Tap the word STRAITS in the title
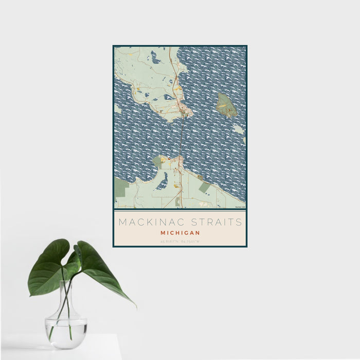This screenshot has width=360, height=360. click(x=214, y=223)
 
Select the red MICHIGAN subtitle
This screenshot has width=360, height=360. click(x=180, y=233)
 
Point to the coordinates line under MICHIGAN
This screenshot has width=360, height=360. click(x=180, y=241)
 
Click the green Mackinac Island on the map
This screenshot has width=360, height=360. click(x=226, y=105)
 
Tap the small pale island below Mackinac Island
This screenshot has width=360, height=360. click(x=238, y=129)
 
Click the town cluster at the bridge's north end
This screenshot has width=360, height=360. click(x=184, y=109)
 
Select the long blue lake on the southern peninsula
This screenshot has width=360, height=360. click(x=163, y=181)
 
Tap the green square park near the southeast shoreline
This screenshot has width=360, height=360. click(x=204, y=187)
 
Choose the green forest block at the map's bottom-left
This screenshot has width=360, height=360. click(x=122, y=188)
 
